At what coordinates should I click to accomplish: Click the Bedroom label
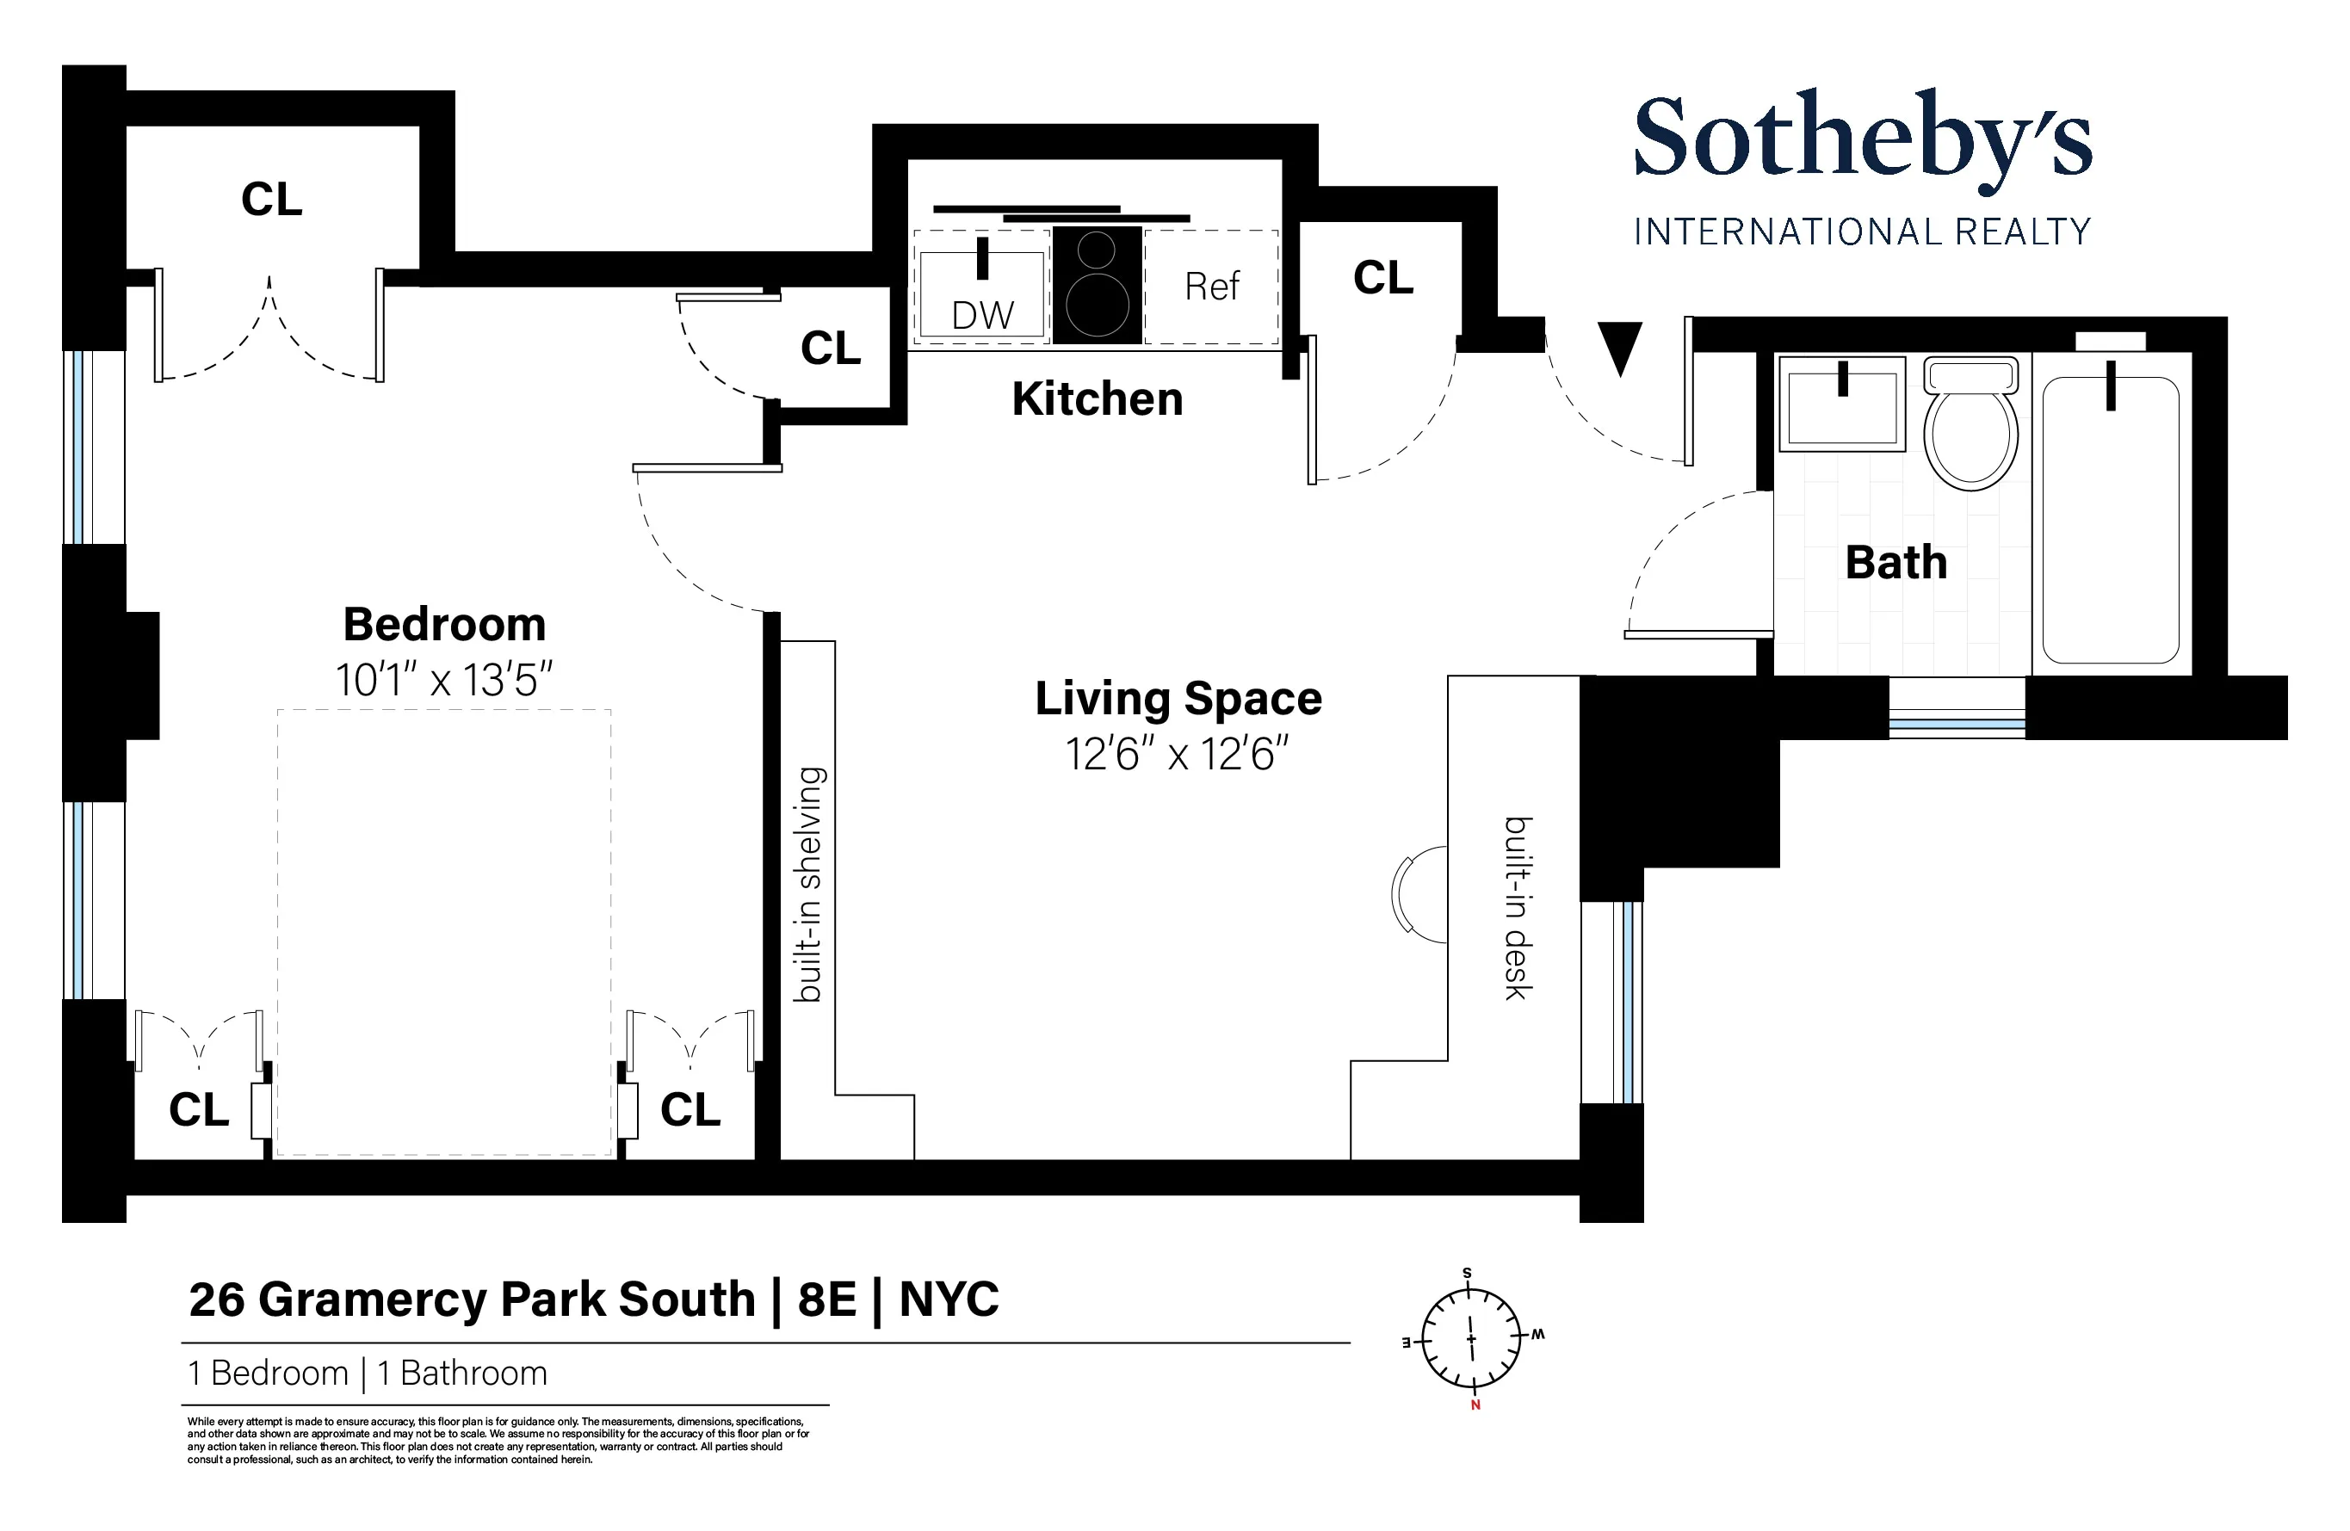click(443, 624)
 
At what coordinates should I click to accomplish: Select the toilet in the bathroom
click(1970, 427)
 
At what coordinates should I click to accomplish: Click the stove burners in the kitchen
click(1097, 287)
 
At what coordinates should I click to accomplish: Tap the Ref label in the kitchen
click(1211, 287)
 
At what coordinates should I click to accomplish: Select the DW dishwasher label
click(981, 316)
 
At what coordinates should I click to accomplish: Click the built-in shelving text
click(810, 885)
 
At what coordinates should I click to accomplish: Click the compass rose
click(1470, 1339)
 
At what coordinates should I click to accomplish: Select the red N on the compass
click(1475, 1405)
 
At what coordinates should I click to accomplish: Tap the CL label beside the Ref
click(1382, 278)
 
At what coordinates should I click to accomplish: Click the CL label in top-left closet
click(271, 200)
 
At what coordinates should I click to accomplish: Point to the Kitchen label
click(1097, 400)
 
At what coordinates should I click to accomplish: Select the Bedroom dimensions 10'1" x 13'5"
click(443, 681)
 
